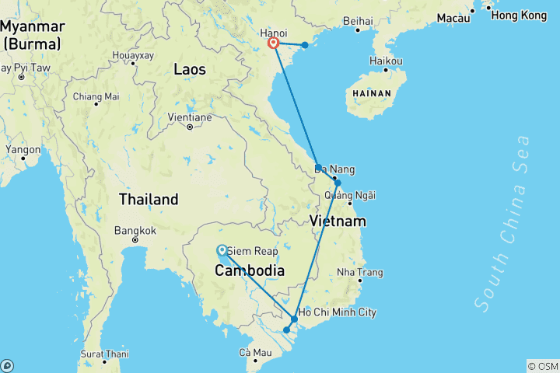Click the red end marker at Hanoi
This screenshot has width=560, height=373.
274,44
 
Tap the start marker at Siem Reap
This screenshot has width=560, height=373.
222,250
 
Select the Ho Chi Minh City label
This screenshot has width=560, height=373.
338,312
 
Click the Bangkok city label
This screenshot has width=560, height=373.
135,231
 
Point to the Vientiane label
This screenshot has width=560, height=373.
189,117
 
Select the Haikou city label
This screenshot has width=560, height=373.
387,61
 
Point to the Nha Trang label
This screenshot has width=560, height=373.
359,272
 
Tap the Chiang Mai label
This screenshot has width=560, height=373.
96,96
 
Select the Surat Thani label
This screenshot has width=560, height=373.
104,354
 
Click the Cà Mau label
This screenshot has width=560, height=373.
255,353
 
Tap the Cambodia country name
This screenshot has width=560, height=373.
249,270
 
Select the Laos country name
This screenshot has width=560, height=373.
190,69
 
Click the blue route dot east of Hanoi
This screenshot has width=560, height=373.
305,45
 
